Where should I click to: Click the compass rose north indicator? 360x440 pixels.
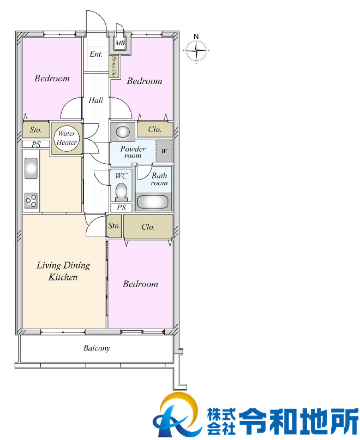pyautogui.click(x=196, y=51)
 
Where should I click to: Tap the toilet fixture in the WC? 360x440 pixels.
pyautogui.click(x=122, y=193)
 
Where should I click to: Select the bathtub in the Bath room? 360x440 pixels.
pyautogui.click(x=153, y=202)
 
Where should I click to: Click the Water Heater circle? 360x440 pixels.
pyautogui.click(x=67, y=138)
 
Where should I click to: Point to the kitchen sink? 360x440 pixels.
pyautogui.click(x=31, y=168)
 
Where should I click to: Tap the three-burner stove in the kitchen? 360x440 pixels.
pyautogui.click(x=31, y=200)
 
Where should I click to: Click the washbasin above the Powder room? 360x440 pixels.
pyautogui.click(x=123, y=132)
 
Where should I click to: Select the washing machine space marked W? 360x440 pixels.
pyautogui.click(x=164, y=151)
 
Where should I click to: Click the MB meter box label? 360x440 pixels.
pyautogui.click(x=120, y=43)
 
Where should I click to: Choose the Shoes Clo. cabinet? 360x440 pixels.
pyautogui.click(x=115, y=67)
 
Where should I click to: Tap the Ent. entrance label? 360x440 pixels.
pyautogui.click(x=96, y=54)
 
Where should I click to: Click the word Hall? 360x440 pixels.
pyautogui.click(x=96, y=100)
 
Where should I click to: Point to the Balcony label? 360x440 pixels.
pyautogui.click(x=97, y=348)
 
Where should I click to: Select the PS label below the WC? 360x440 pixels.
pyautogui.click(x=122, y=207)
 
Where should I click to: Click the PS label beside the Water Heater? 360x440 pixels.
pyautogui.click(x=36, y=144)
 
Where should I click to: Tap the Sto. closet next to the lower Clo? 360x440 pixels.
pyautogui.click(x=115, y=226)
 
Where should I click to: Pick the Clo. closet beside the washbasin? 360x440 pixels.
pyautogui.click(x=155, y=129)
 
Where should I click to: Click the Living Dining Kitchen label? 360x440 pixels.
pyautogui.click(x=63, y=271)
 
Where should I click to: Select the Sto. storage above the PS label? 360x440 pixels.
pyautogui.click(x=36, y=129)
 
